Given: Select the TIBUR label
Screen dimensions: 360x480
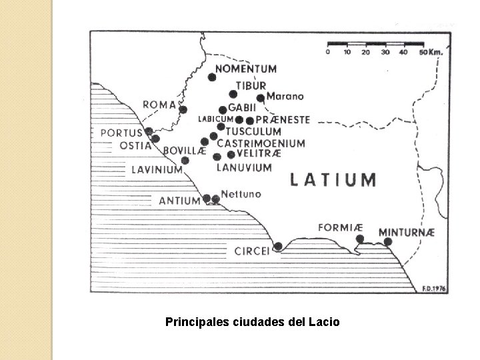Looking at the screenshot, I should pos(250,86).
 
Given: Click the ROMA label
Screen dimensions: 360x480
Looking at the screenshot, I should pos(159,105).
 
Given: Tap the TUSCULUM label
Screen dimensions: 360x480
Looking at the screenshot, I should pos(253,131).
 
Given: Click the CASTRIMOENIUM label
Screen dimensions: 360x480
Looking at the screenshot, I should pos(261,143).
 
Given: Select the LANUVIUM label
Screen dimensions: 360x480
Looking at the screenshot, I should pos(244,167).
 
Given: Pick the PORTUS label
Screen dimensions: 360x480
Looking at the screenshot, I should pos(121,133).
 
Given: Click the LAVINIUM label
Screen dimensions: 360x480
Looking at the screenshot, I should pos(157,169).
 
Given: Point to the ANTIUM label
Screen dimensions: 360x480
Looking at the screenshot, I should pos(179,200).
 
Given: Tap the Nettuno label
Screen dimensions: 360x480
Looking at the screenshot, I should pos(243,193).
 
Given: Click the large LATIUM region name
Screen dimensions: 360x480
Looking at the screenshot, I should pos(333,179).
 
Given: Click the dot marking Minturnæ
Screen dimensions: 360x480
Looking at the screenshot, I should pos(388,242).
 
